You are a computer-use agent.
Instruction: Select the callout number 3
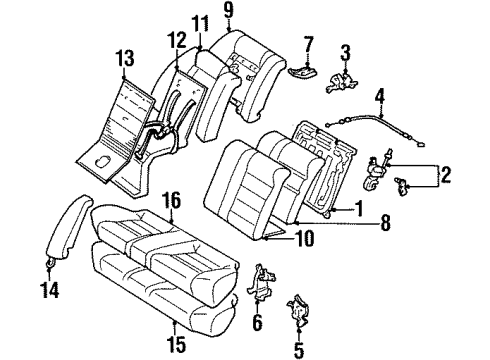[345, 51]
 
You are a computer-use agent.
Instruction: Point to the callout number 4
[379, 97]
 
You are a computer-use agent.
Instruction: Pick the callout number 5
[296, 350]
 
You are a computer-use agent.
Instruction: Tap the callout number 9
[228, 13]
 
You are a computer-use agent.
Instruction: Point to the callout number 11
[201, 24]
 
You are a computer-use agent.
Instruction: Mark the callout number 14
[49, 291]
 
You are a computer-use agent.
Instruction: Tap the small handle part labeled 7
[303, 68]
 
